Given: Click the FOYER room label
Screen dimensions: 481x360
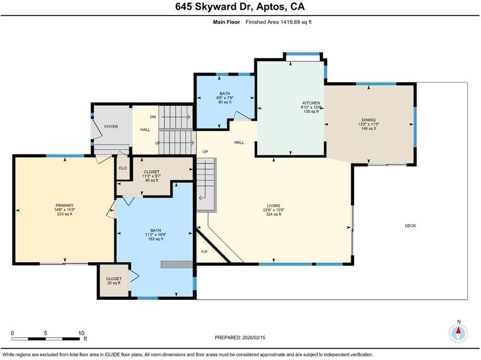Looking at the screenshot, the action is [x=111, y=126].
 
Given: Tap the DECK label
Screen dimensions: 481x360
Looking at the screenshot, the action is [x=410, y=226].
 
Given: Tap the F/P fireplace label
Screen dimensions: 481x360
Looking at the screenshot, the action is [x=204, y=252].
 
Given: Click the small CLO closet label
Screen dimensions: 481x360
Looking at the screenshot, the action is [x=123, y=168].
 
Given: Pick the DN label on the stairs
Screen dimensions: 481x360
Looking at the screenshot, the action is [x=153, y=117].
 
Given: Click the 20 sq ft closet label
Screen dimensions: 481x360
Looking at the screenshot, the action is [x=114, y=281].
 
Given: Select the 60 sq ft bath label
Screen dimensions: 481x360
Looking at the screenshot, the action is [x=225, y=97].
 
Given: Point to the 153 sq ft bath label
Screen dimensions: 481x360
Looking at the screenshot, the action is [x=156, y=234].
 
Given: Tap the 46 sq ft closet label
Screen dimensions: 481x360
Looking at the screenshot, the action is [x=152, y=176].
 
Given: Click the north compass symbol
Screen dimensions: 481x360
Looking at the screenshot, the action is [x=458, y=332].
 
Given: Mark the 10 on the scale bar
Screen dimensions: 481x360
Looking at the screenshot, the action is [x=81, y=333].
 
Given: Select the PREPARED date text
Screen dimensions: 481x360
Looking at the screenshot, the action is [x=240, y=338].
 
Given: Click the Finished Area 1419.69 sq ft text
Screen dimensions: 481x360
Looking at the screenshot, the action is [x=278, y=22].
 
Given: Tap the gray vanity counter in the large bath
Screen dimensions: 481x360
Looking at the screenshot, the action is [x=177, y=264].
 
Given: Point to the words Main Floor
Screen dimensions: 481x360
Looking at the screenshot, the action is [x=227, y=22].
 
